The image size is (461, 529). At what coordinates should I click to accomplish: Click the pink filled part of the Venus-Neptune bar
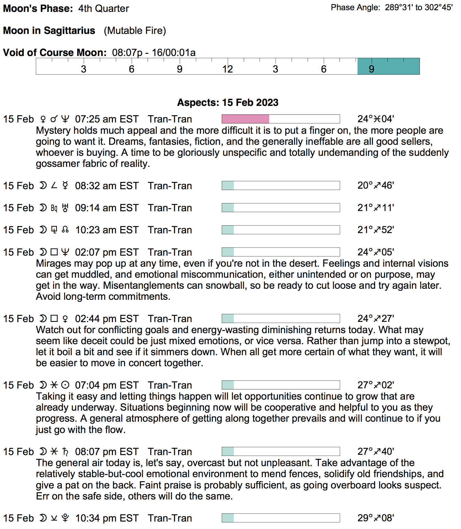coord(245,119)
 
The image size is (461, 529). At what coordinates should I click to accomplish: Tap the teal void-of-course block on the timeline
coord(388,66)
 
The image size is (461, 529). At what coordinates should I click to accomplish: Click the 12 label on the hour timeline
coord(227,69)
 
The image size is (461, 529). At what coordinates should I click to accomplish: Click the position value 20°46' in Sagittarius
coord(375,185)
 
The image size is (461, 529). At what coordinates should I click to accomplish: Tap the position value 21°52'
coord(375,230)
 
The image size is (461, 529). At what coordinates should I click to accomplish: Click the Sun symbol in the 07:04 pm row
coord(65,385)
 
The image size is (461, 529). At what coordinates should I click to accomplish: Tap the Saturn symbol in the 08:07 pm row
coord(65,452)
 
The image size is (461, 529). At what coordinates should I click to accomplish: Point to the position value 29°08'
coord(375,518)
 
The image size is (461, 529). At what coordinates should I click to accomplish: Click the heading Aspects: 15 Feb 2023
coord(227,103)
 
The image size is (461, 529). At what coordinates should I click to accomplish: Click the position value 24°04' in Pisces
coord(375,119)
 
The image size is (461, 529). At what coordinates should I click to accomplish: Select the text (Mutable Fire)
coord(135,31)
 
